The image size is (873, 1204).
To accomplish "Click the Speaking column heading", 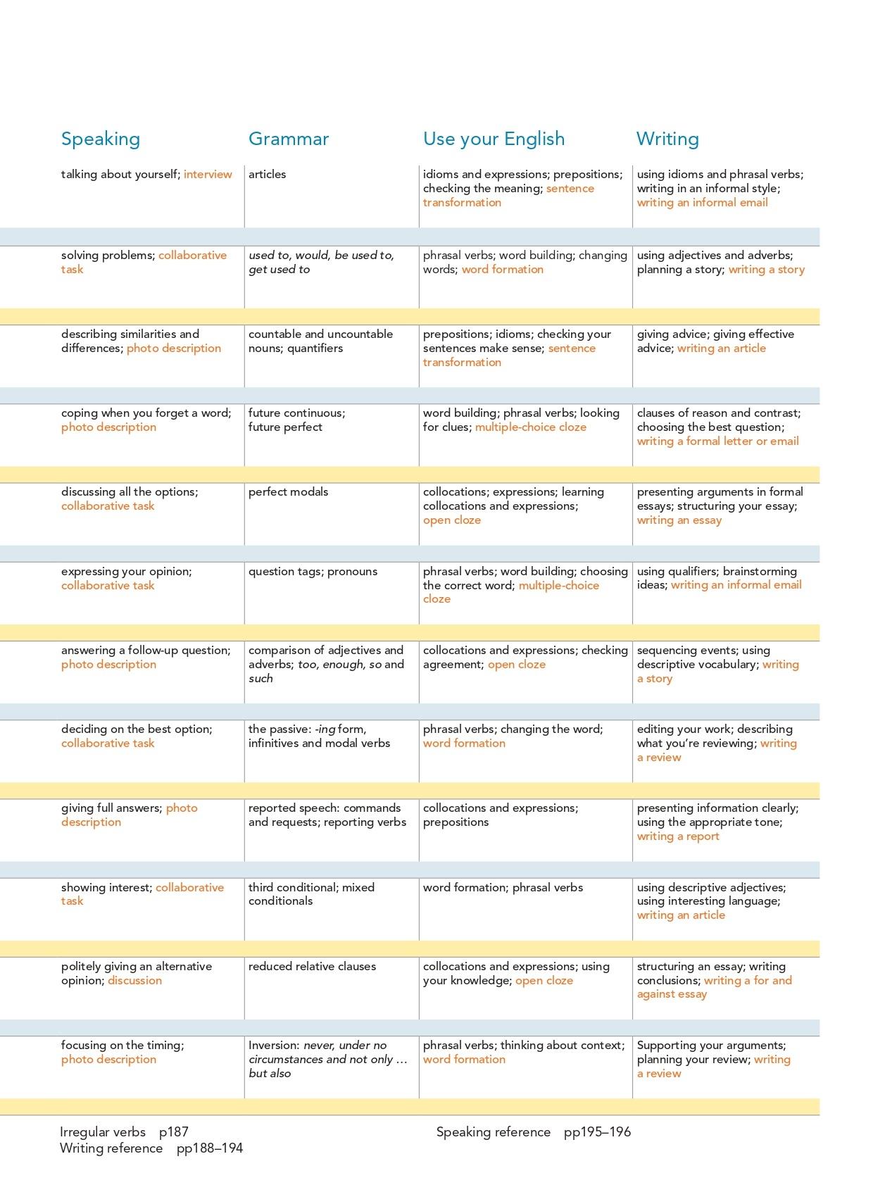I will [x=101, y=139].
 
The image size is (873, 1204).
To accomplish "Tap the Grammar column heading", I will [x=289, y=139].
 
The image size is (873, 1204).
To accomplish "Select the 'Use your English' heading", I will [x=494, y=139].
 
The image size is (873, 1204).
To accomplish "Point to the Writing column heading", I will [x=667, y=139].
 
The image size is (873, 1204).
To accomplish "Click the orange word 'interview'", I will [x=208, y=175].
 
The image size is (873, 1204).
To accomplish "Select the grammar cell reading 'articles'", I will [x=267, y=175].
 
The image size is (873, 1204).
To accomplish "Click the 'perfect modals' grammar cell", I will [x=288, y=492].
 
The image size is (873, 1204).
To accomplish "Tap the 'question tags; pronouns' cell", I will [x=313, y=572].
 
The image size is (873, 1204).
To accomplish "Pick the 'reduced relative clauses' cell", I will [x=312, y=967].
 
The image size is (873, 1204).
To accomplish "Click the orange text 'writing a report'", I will [x=678, y=836].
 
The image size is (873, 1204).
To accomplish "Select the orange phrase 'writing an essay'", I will [x=679, y=520].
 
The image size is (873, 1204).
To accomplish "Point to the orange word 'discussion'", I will [x=134, y=981].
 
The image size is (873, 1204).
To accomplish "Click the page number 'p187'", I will [x=174, y=1132].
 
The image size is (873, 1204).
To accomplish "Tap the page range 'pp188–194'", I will [x=210, y=1148].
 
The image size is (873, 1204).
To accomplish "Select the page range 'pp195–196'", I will [x=597, y=1132].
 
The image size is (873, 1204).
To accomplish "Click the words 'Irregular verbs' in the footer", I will [x=103, y=1132].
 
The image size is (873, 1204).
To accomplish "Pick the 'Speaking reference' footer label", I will [x=493, y=1132].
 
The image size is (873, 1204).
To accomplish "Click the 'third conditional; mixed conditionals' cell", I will [x=311, y=894].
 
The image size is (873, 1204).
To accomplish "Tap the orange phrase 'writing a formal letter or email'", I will [x=717, y=441].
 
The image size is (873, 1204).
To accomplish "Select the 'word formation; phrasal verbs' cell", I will [x=503, y=888].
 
